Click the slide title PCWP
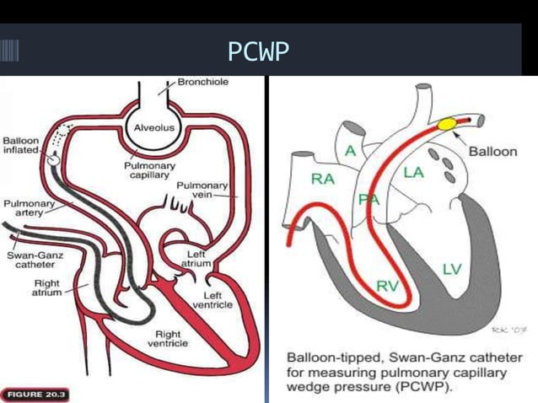[x=258, y=52]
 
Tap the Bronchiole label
[x=202, y=83]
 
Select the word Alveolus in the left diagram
[x=153, y=127]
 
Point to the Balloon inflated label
[x=19, y=145]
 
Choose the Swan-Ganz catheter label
[x=30, y=259]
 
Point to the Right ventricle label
[x=168, y=339]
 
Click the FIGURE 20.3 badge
[x=36, y=395]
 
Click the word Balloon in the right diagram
[x=492, y=152]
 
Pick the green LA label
[x=413, y=172]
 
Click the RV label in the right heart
[x=387, y=287]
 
